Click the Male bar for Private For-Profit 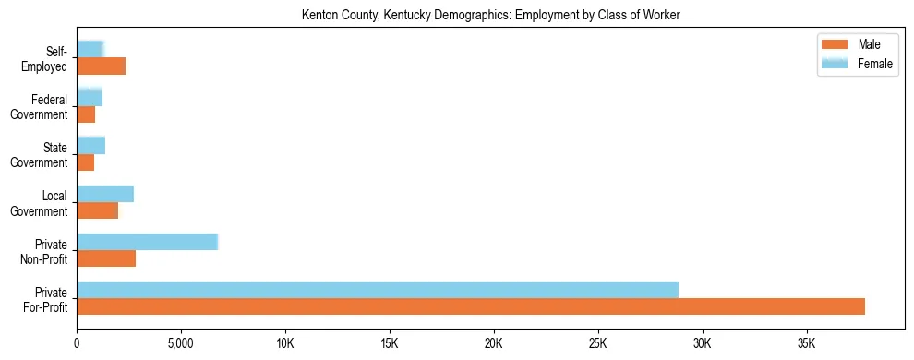[471, 306]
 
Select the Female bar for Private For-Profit [378, 290]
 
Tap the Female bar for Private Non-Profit [147, 242]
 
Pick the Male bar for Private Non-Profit [106, 258]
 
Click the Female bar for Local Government [105, 194]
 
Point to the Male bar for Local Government [97, 210]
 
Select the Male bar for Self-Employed [101, 66]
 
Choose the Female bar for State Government [90, 145]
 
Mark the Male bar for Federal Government [86, 114]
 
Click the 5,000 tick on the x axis [181, 343]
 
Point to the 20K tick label [494, 343]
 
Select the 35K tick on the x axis [807, 343]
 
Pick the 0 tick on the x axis [77, 343]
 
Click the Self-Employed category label [45, 59]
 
